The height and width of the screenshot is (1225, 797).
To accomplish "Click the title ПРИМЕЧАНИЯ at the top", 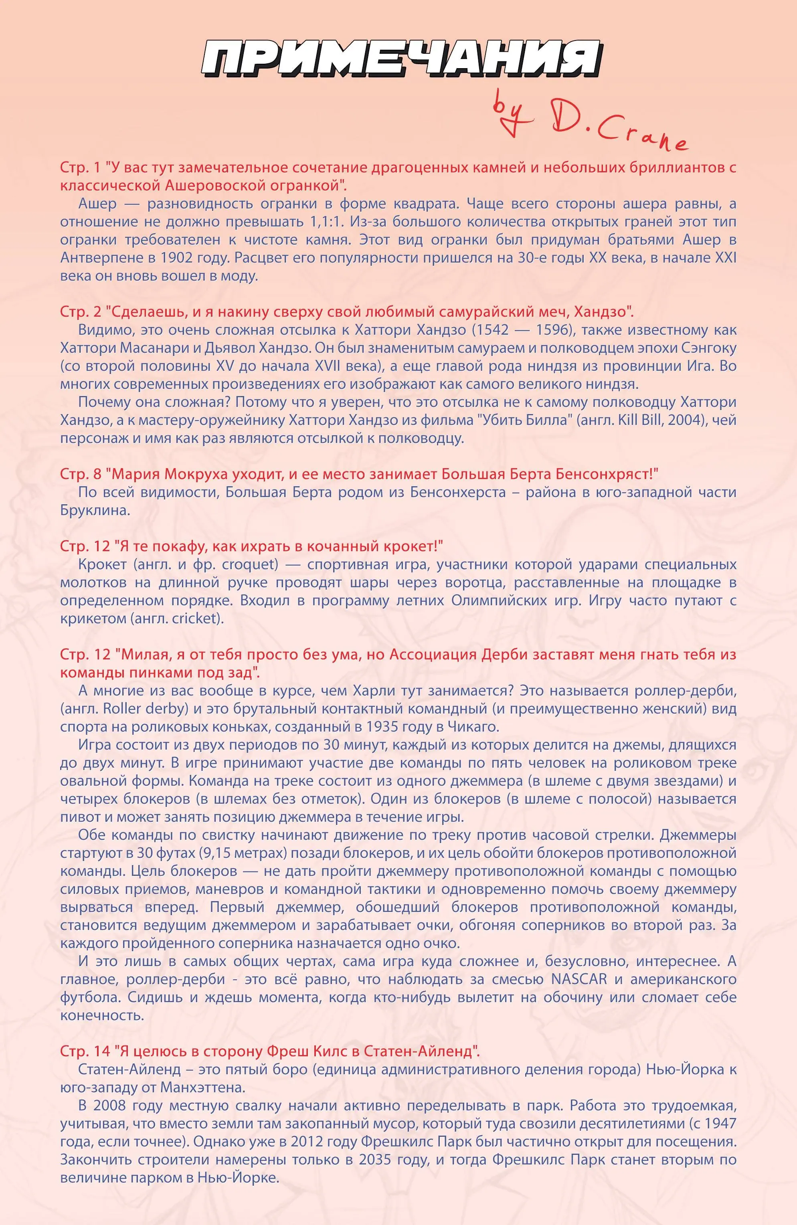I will point(401,59).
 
